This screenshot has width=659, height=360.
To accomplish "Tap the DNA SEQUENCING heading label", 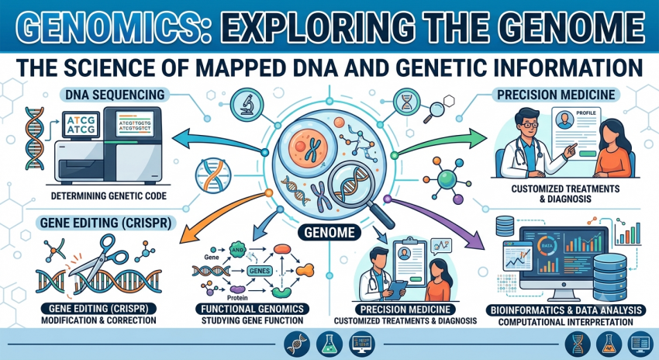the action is [x=115, y=95].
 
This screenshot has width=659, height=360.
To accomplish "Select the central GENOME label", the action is [x=329, y=232].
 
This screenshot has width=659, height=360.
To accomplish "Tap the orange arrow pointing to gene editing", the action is [x=223, y=216].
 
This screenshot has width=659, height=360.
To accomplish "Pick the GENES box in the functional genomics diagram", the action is [x=259, y=271].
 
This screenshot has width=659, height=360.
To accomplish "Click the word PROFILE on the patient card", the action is [x=586, y=113].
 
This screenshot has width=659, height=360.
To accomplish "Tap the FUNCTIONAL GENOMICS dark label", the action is [x=252, y=309].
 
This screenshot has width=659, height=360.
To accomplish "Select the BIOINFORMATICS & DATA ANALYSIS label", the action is [x=565, y=310].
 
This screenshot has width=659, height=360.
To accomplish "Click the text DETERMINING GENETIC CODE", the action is [x=109, y=196].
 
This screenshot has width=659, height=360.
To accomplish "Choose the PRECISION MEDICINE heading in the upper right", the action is [x=556, y=95].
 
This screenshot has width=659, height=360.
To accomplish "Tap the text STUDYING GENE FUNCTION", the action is [x=252, y=321].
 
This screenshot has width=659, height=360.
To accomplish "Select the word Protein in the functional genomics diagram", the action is [x=239, y=298].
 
